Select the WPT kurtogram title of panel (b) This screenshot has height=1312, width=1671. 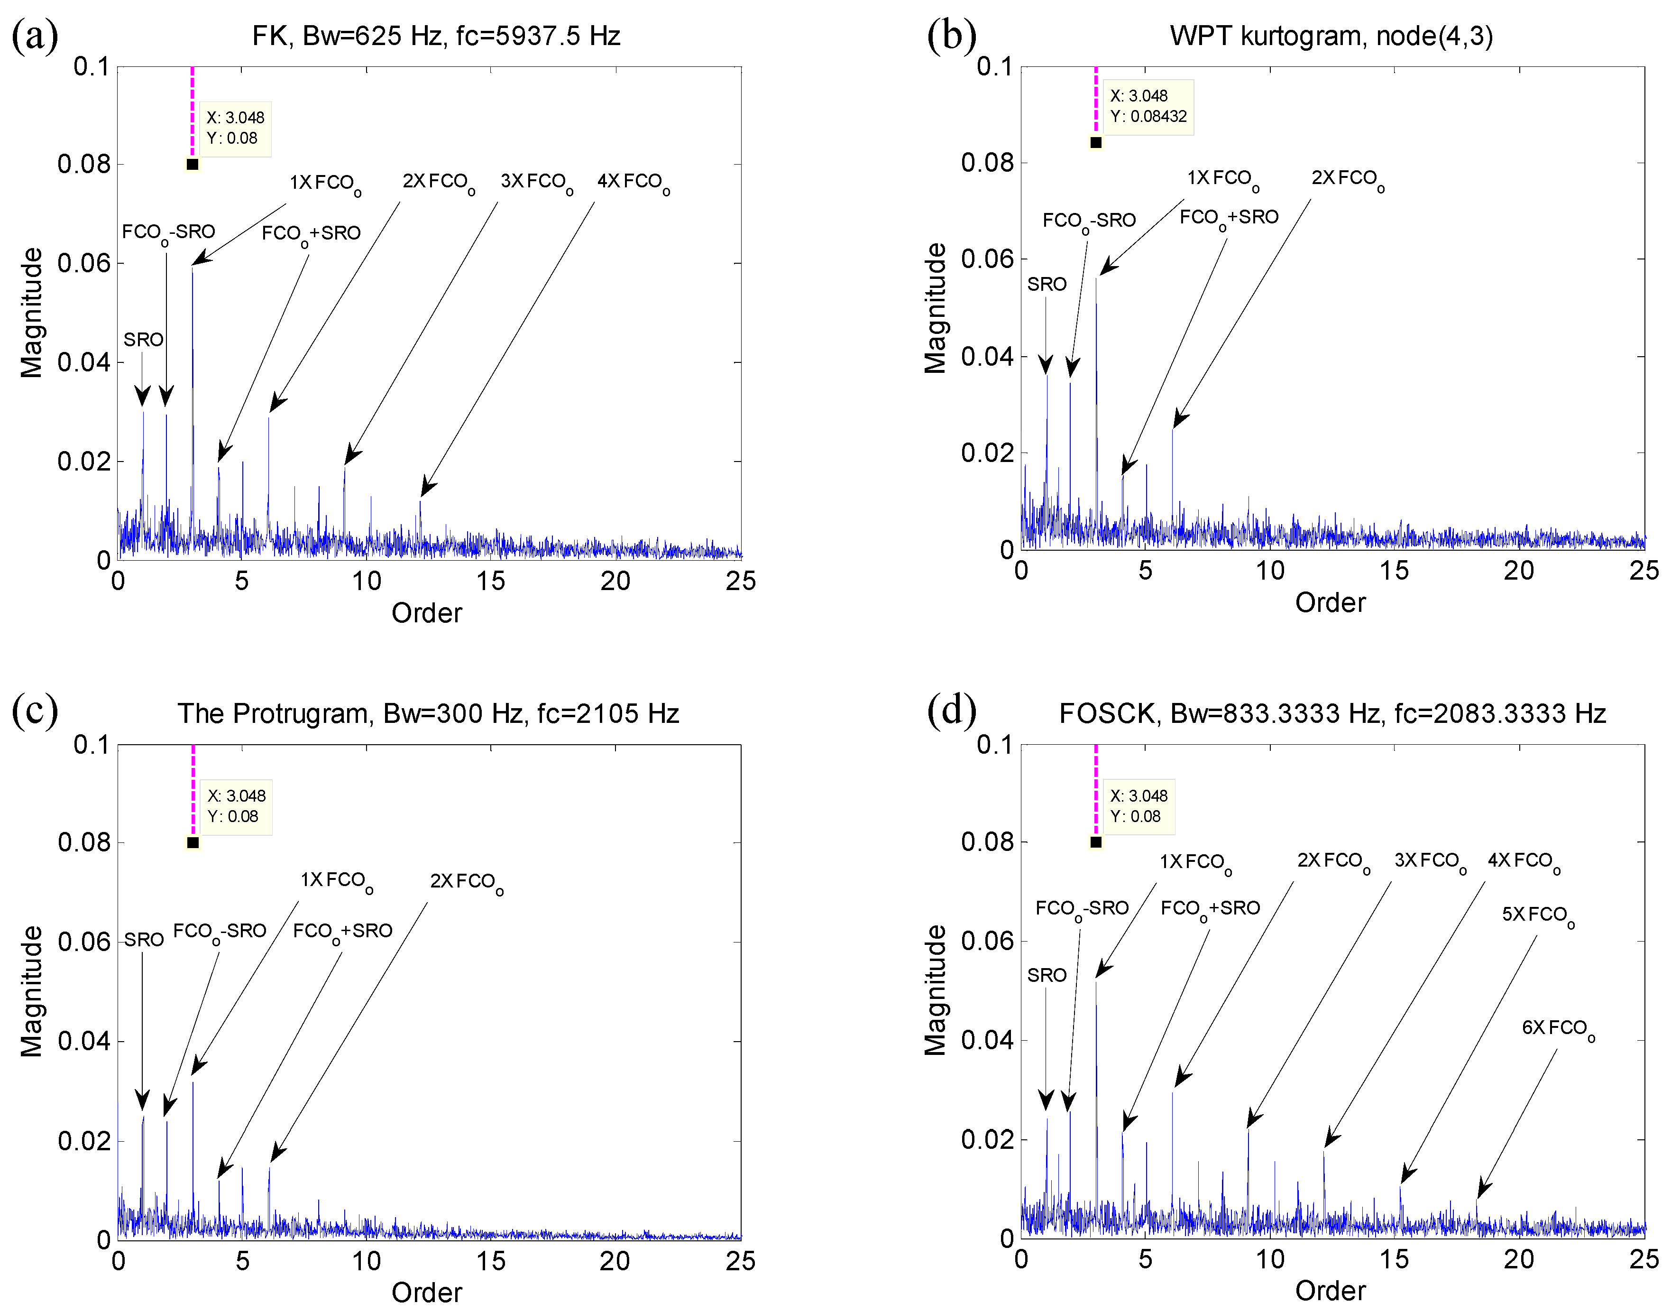pos(1331,36)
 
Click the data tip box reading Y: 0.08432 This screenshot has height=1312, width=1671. pos(1148,107)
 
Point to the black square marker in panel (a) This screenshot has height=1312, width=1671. pos(193,165)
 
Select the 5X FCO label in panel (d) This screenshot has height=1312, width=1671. pos(1537,915)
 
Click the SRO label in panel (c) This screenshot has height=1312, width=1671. pos(144,940)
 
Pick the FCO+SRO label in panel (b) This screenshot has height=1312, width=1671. pos(1229,218)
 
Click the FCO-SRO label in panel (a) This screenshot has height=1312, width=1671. pos(168,233)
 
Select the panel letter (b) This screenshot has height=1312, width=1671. pos(952,35)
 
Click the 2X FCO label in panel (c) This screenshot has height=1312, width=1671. pos(466,882)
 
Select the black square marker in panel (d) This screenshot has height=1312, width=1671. pos(1096,842)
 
